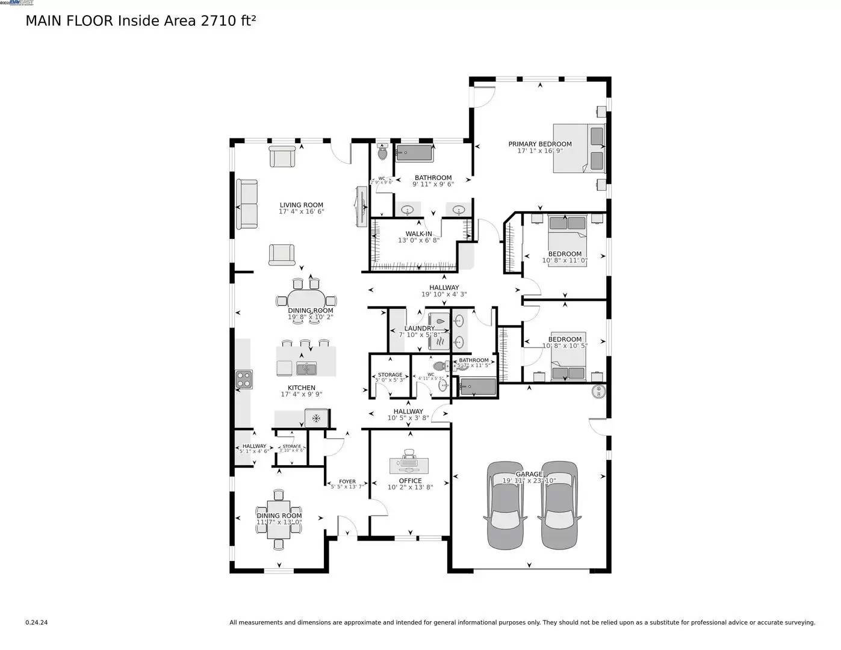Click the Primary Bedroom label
tap(539, 144)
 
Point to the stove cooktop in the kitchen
tap(244, 379)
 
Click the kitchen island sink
tap(306, 367)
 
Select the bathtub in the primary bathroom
tap(415, 153)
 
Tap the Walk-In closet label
tap(418, 234)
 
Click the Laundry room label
tap(420, 329)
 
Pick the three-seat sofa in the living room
tap(247, 204)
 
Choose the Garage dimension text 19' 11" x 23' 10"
tap(529, 481)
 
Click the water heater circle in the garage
tap(598, 391)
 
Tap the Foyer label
tap(347, 481)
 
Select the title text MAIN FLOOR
tap(69, 21)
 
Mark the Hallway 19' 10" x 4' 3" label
tap(444, 288)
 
